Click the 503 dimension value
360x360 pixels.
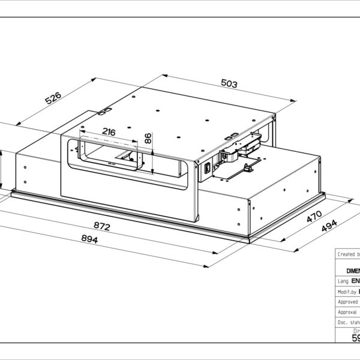[229, 84]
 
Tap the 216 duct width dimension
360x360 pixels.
[109, 132]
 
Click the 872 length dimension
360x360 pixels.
[103, 227]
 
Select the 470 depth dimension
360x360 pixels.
[314, 217]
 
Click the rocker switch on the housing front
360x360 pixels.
[208, 169]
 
